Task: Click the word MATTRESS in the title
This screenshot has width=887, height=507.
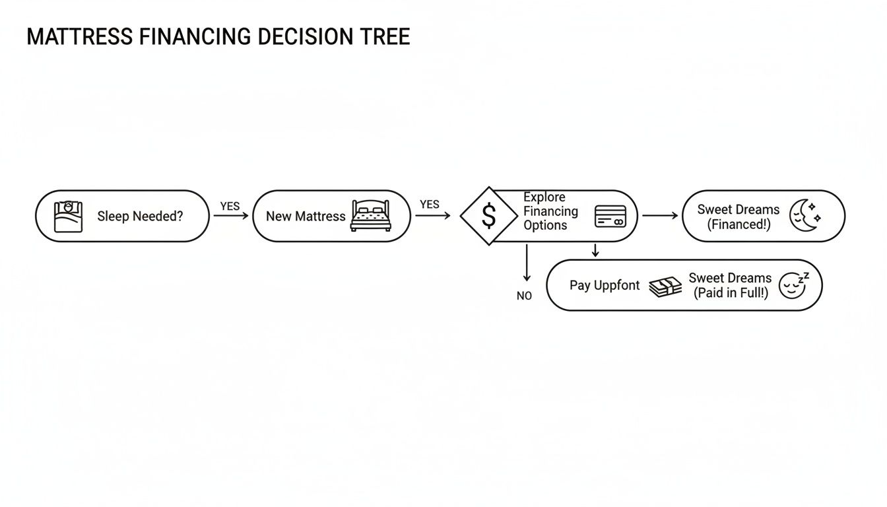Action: point(81,37)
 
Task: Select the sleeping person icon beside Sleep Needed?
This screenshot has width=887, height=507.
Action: point(69,216)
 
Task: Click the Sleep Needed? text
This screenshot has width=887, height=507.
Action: point(140,216)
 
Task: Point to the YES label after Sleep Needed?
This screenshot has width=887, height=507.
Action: point(230,206)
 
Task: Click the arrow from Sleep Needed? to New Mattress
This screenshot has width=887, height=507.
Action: point(230,216)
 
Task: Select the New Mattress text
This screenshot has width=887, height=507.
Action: point(306,216)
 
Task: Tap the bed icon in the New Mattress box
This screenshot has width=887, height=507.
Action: point(370,215)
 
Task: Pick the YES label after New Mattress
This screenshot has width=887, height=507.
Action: point(429,205)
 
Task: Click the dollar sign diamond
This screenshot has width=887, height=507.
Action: point(488,216)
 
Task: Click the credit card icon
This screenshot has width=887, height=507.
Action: point(610,216)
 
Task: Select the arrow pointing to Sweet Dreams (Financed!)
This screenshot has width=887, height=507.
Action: point(660,216)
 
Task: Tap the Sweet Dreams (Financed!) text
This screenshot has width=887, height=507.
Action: point(738,216)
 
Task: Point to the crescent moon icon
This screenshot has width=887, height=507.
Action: point(805,215)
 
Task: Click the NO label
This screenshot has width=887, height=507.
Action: point(524,296)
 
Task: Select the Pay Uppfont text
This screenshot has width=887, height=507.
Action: point(605,285)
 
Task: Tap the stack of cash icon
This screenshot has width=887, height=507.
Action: point(665,286)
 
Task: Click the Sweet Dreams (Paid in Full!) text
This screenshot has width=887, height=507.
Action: point(730,285)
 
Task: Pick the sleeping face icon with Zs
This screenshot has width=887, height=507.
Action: point(793,285)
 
